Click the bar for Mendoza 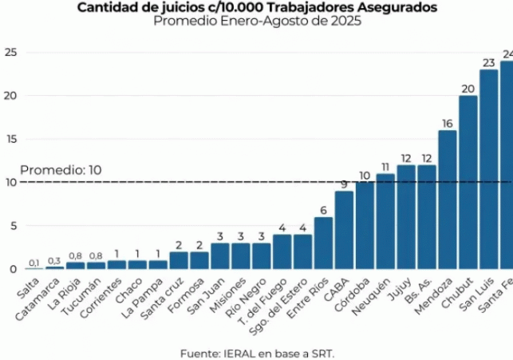click(x=447, y=200)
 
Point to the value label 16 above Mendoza click(x=447, y=123)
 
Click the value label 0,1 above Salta click(x=34, y=263)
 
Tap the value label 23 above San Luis click(x=488, y=62)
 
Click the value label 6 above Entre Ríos click(x=323, y=210)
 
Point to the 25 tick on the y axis click(x=10, y=53)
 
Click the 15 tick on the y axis click(x=10, y=139)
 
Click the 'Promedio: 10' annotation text click(x=50, y=170)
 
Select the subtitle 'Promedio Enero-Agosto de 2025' click(x=257, y=22)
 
